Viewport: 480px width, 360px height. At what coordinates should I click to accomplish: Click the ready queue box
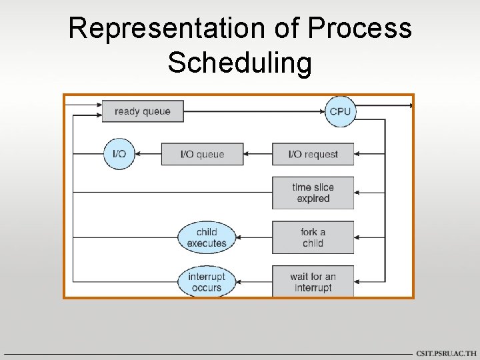pos(142,111)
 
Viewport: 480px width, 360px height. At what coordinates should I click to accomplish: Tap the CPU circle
pos(340,111)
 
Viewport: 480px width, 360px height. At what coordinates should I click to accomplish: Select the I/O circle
pos(119,154)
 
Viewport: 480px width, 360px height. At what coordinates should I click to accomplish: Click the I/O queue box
pos(202,154)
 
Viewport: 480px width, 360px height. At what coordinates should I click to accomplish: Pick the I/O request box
pos(313,154)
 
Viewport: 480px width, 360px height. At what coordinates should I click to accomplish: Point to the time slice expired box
pos(313,193)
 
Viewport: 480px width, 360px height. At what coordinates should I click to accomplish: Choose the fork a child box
pos(313,237)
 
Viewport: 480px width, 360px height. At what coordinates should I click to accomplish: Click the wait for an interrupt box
pos(313,281)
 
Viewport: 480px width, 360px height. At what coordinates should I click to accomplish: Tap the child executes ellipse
pos(207,237)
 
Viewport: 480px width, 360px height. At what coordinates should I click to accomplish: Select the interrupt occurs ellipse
pos(207,281)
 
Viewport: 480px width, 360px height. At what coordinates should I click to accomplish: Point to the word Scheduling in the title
pos(239,63)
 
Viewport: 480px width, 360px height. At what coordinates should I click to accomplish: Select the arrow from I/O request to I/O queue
pos(258,154)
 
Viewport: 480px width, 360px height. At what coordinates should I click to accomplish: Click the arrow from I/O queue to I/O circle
pos(148,154)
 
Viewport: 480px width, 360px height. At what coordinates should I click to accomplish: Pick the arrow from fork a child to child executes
pos(254,237)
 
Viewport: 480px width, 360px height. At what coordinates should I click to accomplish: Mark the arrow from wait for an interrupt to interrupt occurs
pos(254,281)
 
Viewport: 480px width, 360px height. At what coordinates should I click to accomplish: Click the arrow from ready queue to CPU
pos(253,111)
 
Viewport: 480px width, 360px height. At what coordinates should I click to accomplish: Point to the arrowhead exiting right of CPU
pos(409,105)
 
